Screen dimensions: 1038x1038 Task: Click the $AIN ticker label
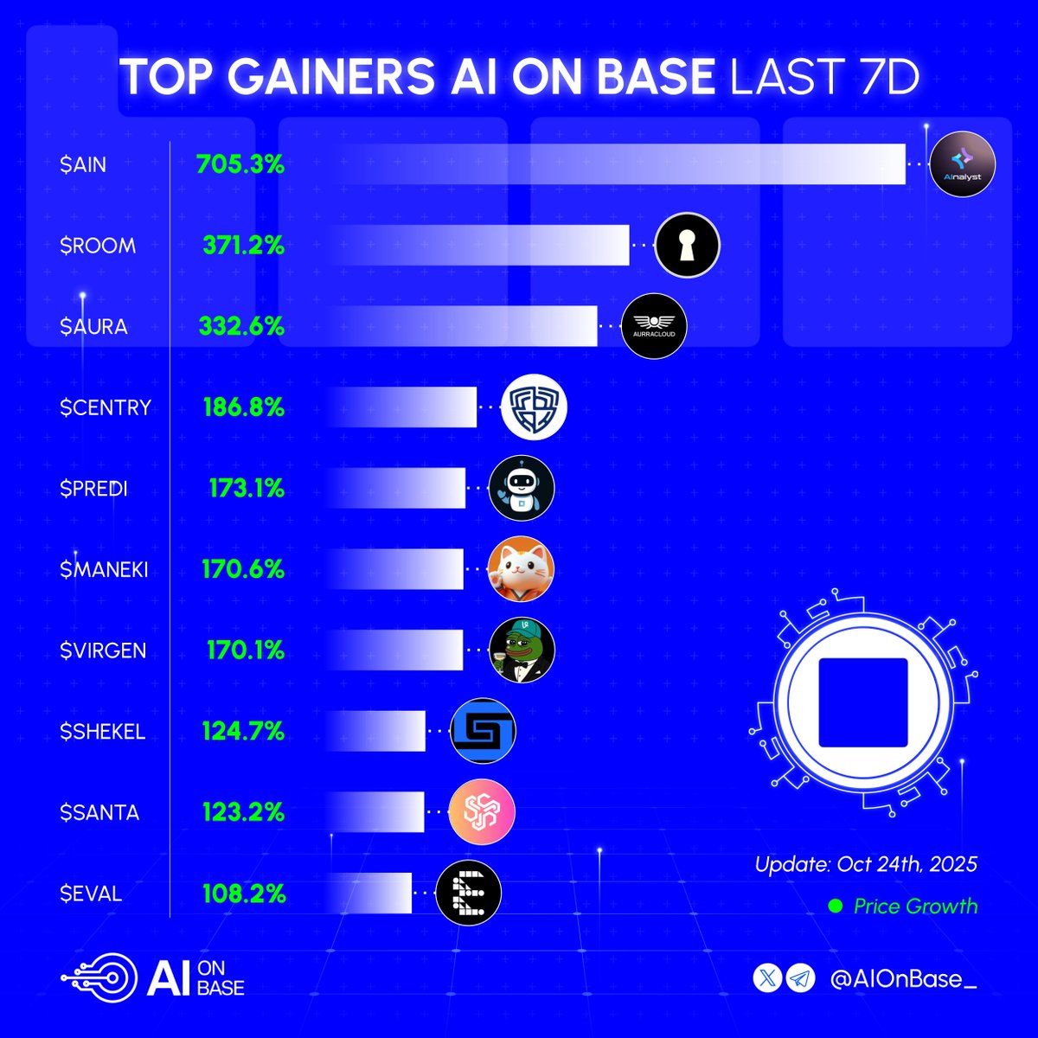(x=83, y=164)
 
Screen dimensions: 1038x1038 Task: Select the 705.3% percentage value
(x=240, y=164)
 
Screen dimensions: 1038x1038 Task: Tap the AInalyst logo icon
(x=962, y=165)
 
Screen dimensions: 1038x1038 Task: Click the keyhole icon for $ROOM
(x=688, y=246)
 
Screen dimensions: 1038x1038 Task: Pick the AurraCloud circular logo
(x=654, y=327)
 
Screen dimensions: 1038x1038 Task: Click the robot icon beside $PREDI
(x=521, y=489)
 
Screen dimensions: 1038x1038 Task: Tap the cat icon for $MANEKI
(x=521, y=570)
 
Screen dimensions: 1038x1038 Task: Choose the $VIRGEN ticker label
(x=103, y=650)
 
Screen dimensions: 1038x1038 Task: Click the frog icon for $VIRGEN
(x=521, y=650)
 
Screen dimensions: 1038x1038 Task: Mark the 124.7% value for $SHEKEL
(x=243, y=732)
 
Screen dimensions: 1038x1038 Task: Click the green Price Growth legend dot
(x=836, y=907)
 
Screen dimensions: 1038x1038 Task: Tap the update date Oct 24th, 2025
(x=866, y=863)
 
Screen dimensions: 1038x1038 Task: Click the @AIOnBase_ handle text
(x=904, y=979)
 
